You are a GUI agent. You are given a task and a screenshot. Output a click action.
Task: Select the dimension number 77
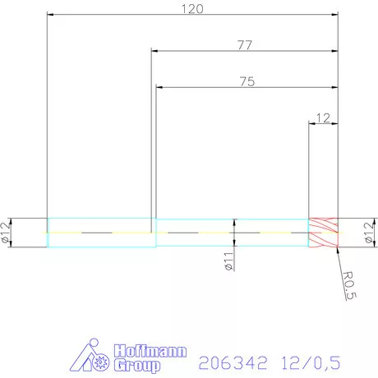(244, 45)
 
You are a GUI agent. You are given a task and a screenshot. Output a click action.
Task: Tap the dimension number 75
(246, 81)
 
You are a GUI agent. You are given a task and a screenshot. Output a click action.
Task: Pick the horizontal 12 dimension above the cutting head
(322, 118)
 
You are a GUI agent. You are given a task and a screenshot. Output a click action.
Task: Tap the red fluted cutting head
(323, 233)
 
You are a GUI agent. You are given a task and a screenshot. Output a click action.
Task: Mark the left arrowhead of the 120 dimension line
(50, 15)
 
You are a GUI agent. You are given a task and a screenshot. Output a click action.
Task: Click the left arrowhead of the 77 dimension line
(154, 51)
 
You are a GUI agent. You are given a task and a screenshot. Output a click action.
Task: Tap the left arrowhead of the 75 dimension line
(159, 87)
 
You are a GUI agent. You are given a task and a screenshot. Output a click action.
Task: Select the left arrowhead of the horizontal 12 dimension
(311, 123)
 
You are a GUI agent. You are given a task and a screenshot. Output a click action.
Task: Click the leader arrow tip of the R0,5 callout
(336, 247)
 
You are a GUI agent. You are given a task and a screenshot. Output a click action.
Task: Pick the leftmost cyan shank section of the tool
(100, 233)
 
